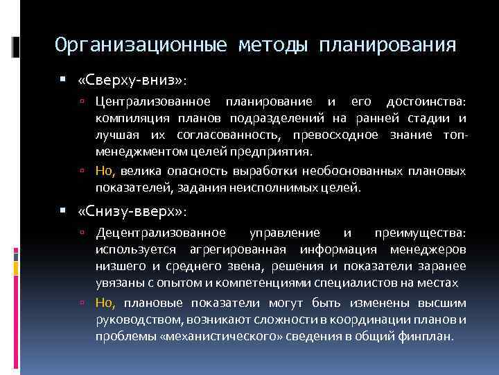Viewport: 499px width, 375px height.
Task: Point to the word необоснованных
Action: [330, 171]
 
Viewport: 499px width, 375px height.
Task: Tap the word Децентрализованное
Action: [161, 233]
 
